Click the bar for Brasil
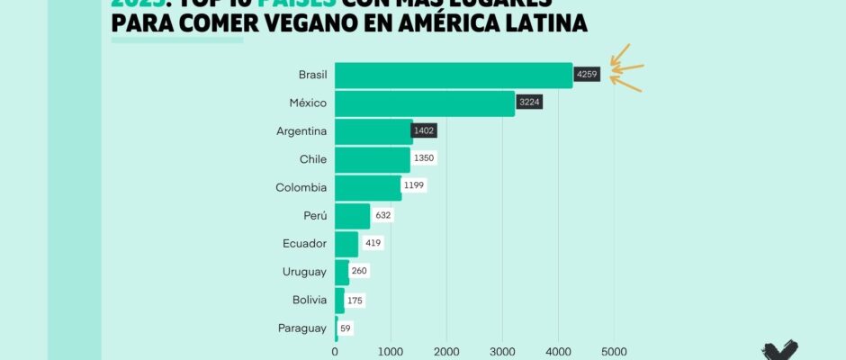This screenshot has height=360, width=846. [453, 75]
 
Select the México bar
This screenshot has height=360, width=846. [424, 103]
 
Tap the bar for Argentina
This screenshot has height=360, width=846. [373, 131]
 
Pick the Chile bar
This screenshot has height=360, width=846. [372, 159]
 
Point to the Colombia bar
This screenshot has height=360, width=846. [367, 187]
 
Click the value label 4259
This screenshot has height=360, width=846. [587, 75]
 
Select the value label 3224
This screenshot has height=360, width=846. [529, 103]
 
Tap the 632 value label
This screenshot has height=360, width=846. [383, 215]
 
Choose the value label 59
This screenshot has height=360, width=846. [346, 328]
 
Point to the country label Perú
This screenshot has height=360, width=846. [309, 215]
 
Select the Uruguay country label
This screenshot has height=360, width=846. [301, 272]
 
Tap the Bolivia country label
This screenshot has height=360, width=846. [305, 301]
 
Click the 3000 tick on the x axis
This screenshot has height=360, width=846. [502, 351]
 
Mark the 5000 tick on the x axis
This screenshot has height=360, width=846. [614, 351]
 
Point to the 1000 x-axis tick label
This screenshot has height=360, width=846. [391, 351]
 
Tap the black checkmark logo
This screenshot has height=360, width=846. [779, 350]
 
